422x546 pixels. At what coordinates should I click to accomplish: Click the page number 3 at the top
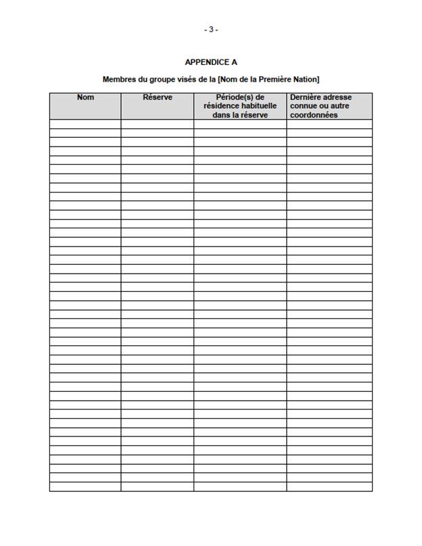(211, 30)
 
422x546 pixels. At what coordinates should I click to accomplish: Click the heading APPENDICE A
(210, 62)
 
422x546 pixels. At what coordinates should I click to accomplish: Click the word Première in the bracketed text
(271, 80)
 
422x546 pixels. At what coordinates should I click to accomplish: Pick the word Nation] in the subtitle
(305, 80)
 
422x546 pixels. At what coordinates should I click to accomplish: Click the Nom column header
(85, 97)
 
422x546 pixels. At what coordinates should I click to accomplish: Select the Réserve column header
(158, 97)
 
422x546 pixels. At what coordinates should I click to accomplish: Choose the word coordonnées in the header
(313, 115)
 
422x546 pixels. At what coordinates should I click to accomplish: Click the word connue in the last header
(302, 106)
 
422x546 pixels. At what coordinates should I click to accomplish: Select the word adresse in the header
(338, 97)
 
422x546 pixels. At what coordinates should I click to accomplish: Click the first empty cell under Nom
(85, 124)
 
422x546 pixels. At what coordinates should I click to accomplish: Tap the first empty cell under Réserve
(158, 124)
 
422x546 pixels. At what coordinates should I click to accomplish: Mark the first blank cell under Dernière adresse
(329, 124)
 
